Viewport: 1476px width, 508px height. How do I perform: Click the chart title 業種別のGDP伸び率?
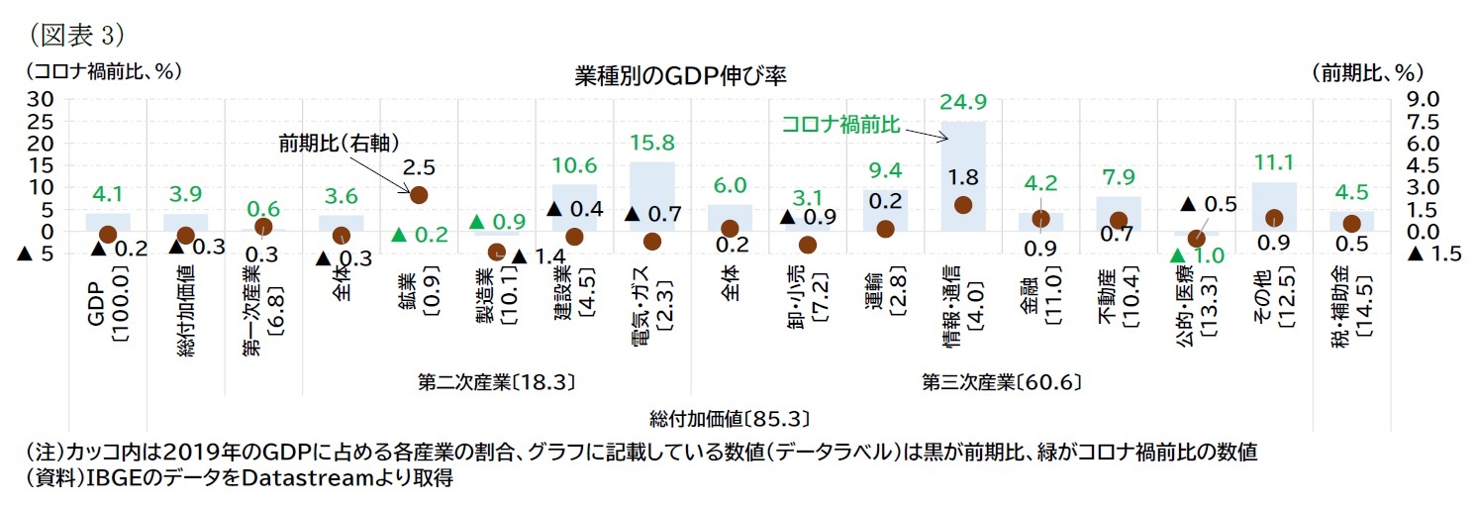[680, 75]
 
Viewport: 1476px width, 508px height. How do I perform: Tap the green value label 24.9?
[962, 102]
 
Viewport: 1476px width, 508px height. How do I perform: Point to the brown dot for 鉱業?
[419, 195]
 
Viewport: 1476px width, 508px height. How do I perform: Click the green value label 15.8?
[652, 142]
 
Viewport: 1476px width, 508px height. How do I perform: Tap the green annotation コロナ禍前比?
[839, 124]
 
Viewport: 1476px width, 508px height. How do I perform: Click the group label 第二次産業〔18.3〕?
[497, 381]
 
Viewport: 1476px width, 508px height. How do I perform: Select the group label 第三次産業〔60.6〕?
[1001, 381]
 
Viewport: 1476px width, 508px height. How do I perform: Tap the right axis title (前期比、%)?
[1367, 72]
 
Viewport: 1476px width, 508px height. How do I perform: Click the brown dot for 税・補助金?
[1351, 224]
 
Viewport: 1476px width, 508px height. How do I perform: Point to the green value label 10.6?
[574, 164]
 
